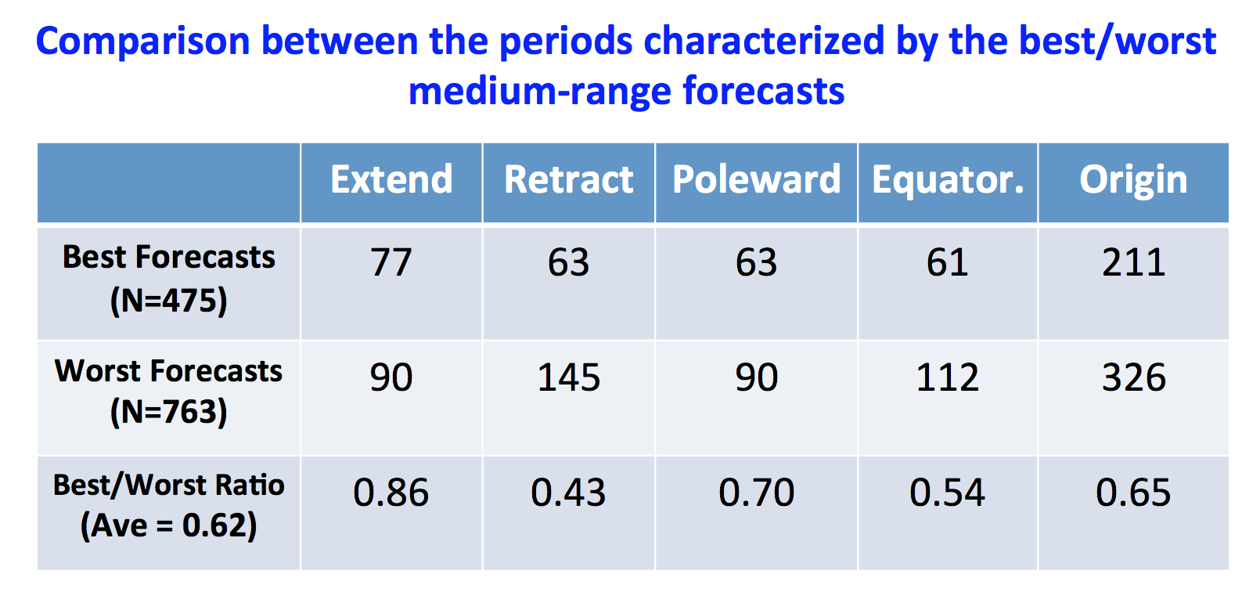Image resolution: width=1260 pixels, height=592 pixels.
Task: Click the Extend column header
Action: point(391,179)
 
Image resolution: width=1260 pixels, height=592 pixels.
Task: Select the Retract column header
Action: point(569,179)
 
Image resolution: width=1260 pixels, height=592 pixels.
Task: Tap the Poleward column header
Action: point(757,179)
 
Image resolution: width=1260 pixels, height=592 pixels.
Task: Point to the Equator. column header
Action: point(948,181)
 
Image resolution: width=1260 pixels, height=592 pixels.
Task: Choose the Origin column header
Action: point(1133,181)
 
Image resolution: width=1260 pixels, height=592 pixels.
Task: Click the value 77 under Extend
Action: point(391,263)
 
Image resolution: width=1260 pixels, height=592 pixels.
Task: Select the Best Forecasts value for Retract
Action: point(569,263)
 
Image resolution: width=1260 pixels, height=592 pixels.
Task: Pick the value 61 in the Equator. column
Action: point(948,263)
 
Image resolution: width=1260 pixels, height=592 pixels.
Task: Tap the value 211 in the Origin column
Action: point(1133,263)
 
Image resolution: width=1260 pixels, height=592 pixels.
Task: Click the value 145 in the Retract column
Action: point(569,377)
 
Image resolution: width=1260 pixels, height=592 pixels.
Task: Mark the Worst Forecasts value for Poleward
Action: point(757,377)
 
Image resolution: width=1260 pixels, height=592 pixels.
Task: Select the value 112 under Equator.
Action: point(948,377)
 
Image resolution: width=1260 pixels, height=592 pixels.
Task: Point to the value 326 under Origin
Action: point(1133,377)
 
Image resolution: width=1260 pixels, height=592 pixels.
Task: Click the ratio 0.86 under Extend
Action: point(391,493)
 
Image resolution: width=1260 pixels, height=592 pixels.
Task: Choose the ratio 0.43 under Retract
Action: point(569,493)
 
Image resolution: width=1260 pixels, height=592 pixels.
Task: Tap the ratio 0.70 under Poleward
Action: point(757,493)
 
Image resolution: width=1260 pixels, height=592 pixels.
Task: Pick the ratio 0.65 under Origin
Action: point(1133,493)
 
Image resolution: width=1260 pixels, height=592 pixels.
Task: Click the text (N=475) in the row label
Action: point(169,301)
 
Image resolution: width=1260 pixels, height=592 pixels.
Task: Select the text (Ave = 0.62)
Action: point(169,525)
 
